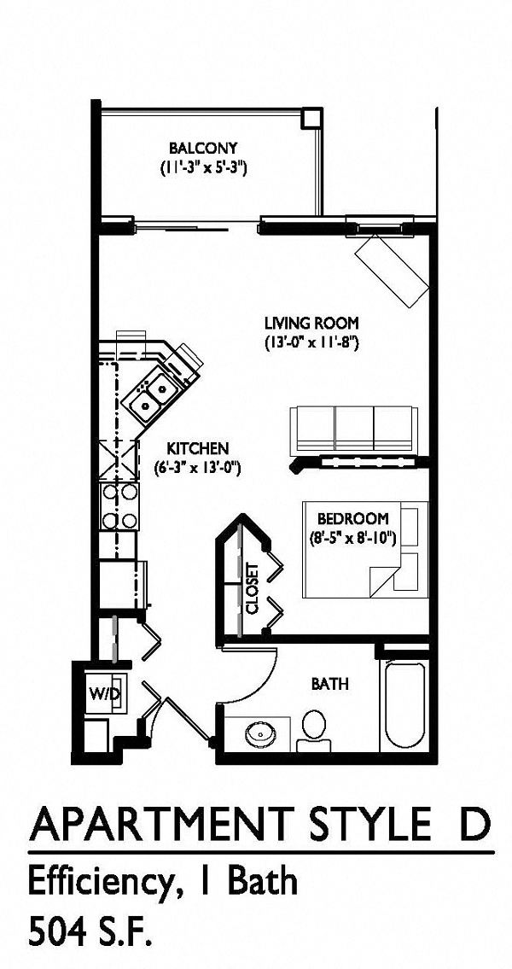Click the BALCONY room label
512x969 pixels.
(x=203, y=149)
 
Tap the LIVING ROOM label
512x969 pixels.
(x=312, y=324)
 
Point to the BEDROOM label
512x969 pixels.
(x=352, y=518)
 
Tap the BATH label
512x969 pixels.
(x=329, y=684)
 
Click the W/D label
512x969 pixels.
(x=103, y=693)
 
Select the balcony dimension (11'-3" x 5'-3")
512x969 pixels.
(x=204, y=167)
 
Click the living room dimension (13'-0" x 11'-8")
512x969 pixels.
(x=312, y=341)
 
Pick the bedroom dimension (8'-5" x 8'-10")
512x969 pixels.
(x=352, y=538)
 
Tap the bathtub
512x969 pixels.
(x=404, y=705)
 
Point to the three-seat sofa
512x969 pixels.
(x=353, y=429)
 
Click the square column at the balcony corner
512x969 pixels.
(x=312, y=118)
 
